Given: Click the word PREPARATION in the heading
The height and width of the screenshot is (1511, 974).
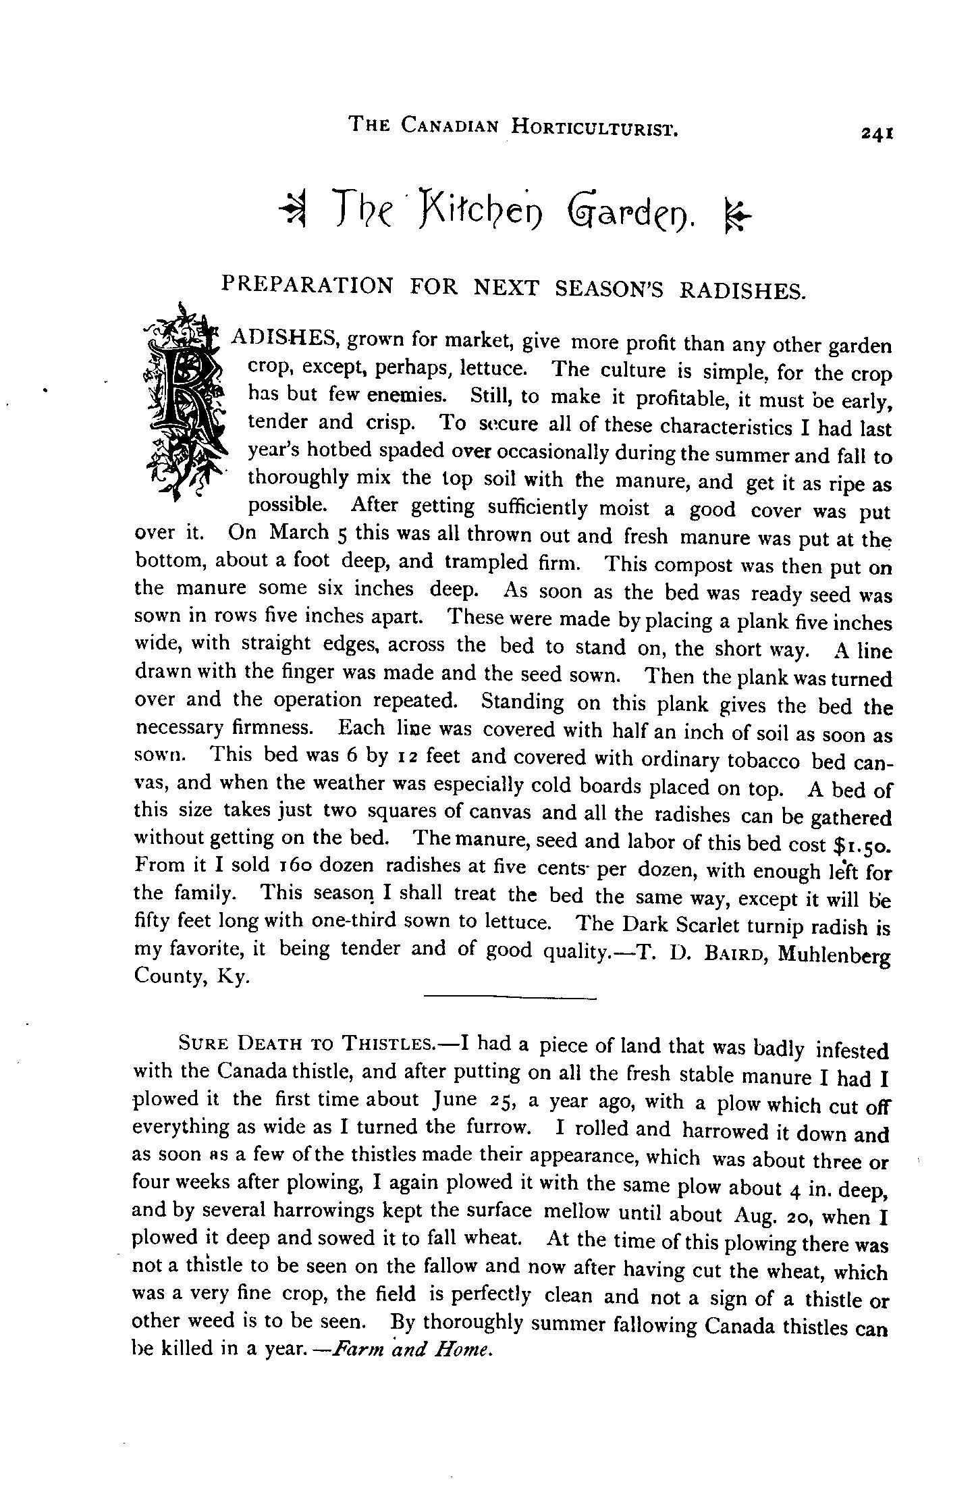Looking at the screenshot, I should click(307, 285).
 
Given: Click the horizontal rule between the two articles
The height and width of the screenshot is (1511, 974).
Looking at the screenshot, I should click(510, 997).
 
